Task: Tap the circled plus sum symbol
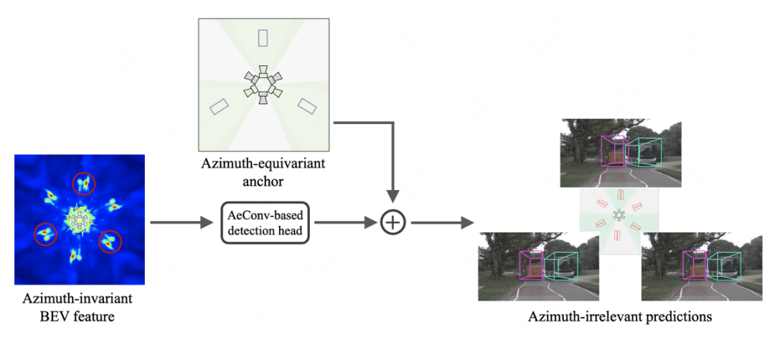[x=393, y=222]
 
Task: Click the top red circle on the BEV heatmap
[x=84, y=184]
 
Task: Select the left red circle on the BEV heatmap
[x=46, y=233]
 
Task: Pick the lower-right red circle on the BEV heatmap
[x=110, y=242]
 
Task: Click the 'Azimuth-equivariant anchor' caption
[x=263, y=173]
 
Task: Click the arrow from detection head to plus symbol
[x=345, y=222]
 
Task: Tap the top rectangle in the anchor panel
[x=263, y=37]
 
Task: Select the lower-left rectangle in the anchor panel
[x=219, y=106]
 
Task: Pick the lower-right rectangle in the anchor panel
[x=308, y=105]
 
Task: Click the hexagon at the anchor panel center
[x=263, y=84]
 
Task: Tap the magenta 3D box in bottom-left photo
[x=532, y=265]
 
